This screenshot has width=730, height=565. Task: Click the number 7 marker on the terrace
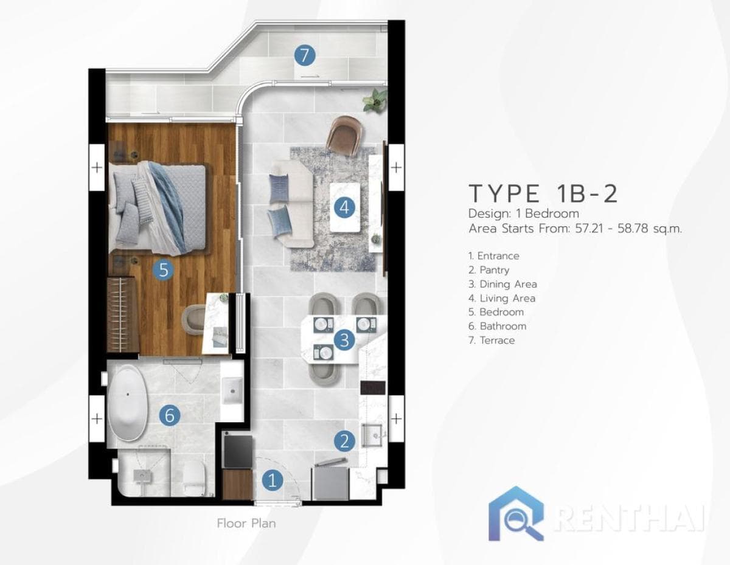304,55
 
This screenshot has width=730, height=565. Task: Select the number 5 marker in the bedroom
163,269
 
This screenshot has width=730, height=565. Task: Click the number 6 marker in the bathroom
170,416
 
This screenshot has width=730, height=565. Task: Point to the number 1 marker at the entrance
273,481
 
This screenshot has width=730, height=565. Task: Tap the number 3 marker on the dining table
344,340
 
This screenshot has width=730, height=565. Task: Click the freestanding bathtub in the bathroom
128,402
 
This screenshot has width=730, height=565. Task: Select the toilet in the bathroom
194,477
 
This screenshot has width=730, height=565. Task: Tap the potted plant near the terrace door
375,99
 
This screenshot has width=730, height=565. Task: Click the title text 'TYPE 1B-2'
543,193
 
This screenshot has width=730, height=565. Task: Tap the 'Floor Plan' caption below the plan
246,522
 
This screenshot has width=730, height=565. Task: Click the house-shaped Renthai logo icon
516,514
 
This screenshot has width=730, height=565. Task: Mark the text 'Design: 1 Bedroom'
523,214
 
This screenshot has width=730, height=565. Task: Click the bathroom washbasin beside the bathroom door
232,390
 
